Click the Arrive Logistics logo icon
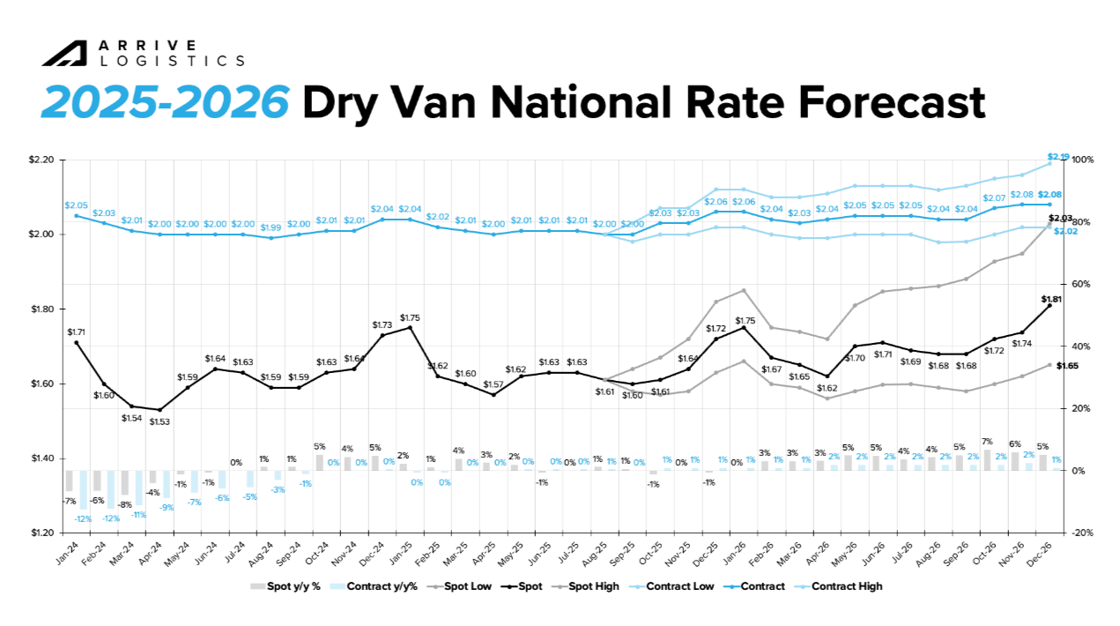point(63,54)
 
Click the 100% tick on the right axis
point(1082,160)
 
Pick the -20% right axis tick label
point(1082,533)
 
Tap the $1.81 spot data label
point(1052,299)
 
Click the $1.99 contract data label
point(271,227)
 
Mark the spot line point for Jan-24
point(77,342)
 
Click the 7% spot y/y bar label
point(987,441)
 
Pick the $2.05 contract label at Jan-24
point(77,205)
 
